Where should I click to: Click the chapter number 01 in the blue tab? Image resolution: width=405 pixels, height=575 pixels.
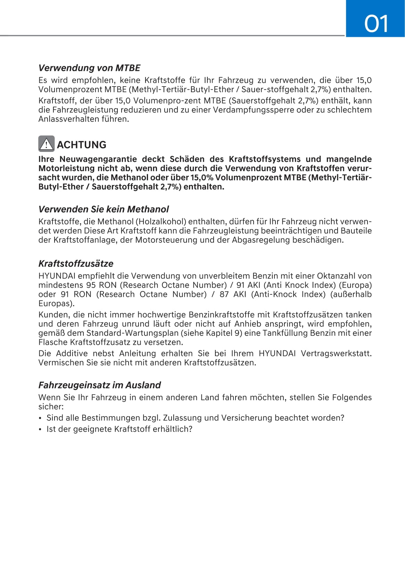pyautogui.click(x=376, y=24)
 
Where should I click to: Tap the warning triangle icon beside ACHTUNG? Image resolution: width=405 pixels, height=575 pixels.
pyautogui.click(x=46, y=144)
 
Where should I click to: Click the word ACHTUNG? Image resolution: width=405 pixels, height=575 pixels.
pyautogui.click(x=82, y=145)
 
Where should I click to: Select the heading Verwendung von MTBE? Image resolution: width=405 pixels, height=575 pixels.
pyautogui.click(x=89, y=68)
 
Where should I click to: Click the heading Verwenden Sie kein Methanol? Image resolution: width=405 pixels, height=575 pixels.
pyautogui.click(x=104, y=209)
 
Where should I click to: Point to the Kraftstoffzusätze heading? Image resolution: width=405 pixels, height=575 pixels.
pyautogui.click(x=76, y=264)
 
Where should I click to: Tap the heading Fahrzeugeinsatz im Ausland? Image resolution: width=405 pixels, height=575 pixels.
pyautogui.click(x=99, y=385)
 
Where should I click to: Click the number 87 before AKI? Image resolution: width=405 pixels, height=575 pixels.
pyautogui.click(x=224, y=294)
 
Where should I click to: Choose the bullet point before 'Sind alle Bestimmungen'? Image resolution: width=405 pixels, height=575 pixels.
pyautogui.click(x=40, y=418)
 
